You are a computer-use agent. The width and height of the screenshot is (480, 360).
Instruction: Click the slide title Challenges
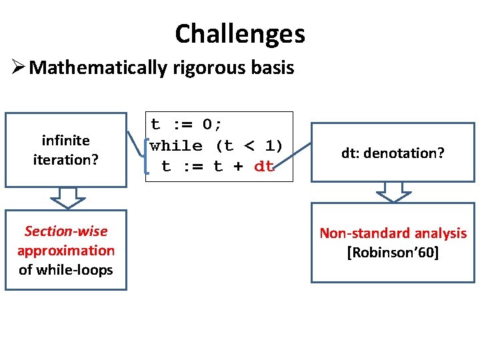coord(240,33)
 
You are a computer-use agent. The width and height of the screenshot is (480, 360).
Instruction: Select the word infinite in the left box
coord(65,140)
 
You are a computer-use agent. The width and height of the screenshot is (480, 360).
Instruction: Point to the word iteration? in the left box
coord(65,159)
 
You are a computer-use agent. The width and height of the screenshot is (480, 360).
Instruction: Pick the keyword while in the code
coord(176,145)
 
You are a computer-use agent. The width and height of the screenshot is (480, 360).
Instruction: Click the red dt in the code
coord(264,167)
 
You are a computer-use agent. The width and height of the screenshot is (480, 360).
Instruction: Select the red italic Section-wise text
coord(65,231)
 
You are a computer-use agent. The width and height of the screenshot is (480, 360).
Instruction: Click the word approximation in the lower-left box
coord(65,251)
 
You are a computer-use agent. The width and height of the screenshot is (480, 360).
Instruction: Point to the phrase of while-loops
coord(65,270)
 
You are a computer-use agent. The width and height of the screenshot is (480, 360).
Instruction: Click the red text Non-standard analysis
coord(393,233)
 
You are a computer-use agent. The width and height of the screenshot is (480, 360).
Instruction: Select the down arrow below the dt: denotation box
coord(393,191)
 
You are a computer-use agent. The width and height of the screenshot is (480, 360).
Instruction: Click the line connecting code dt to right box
coord(293,156)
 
